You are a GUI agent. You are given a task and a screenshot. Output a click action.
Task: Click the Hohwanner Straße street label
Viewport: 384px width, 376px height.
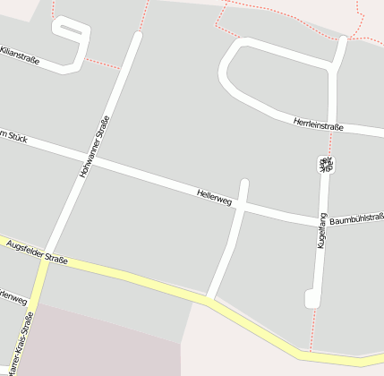[x=95, y=146]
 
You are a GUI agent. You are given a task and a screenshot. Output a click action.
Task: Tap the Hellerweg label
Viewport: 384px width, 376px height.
[x=214, y=197]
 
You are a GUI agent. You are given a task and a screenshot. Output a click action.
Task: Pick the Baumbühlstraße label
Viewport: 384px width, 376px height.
[x=356, y=218]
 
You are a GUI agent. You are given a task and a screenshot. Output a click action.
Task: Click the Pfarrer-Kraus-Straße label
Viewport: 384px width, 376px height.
[x=21, y=345]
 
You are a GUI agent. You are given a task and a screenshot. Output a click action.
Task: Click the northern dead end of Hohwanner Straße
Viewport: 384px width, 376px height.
[x=137, y=37]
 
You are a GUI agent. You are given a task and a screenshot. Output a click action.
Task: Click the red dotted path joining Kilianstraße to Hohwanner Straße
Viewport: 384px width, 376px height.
[x=104, y=64]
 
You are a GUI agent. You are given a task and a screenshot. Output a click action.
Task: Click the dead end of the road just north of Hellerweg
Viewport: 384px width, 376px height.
[x=244, y=184]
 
